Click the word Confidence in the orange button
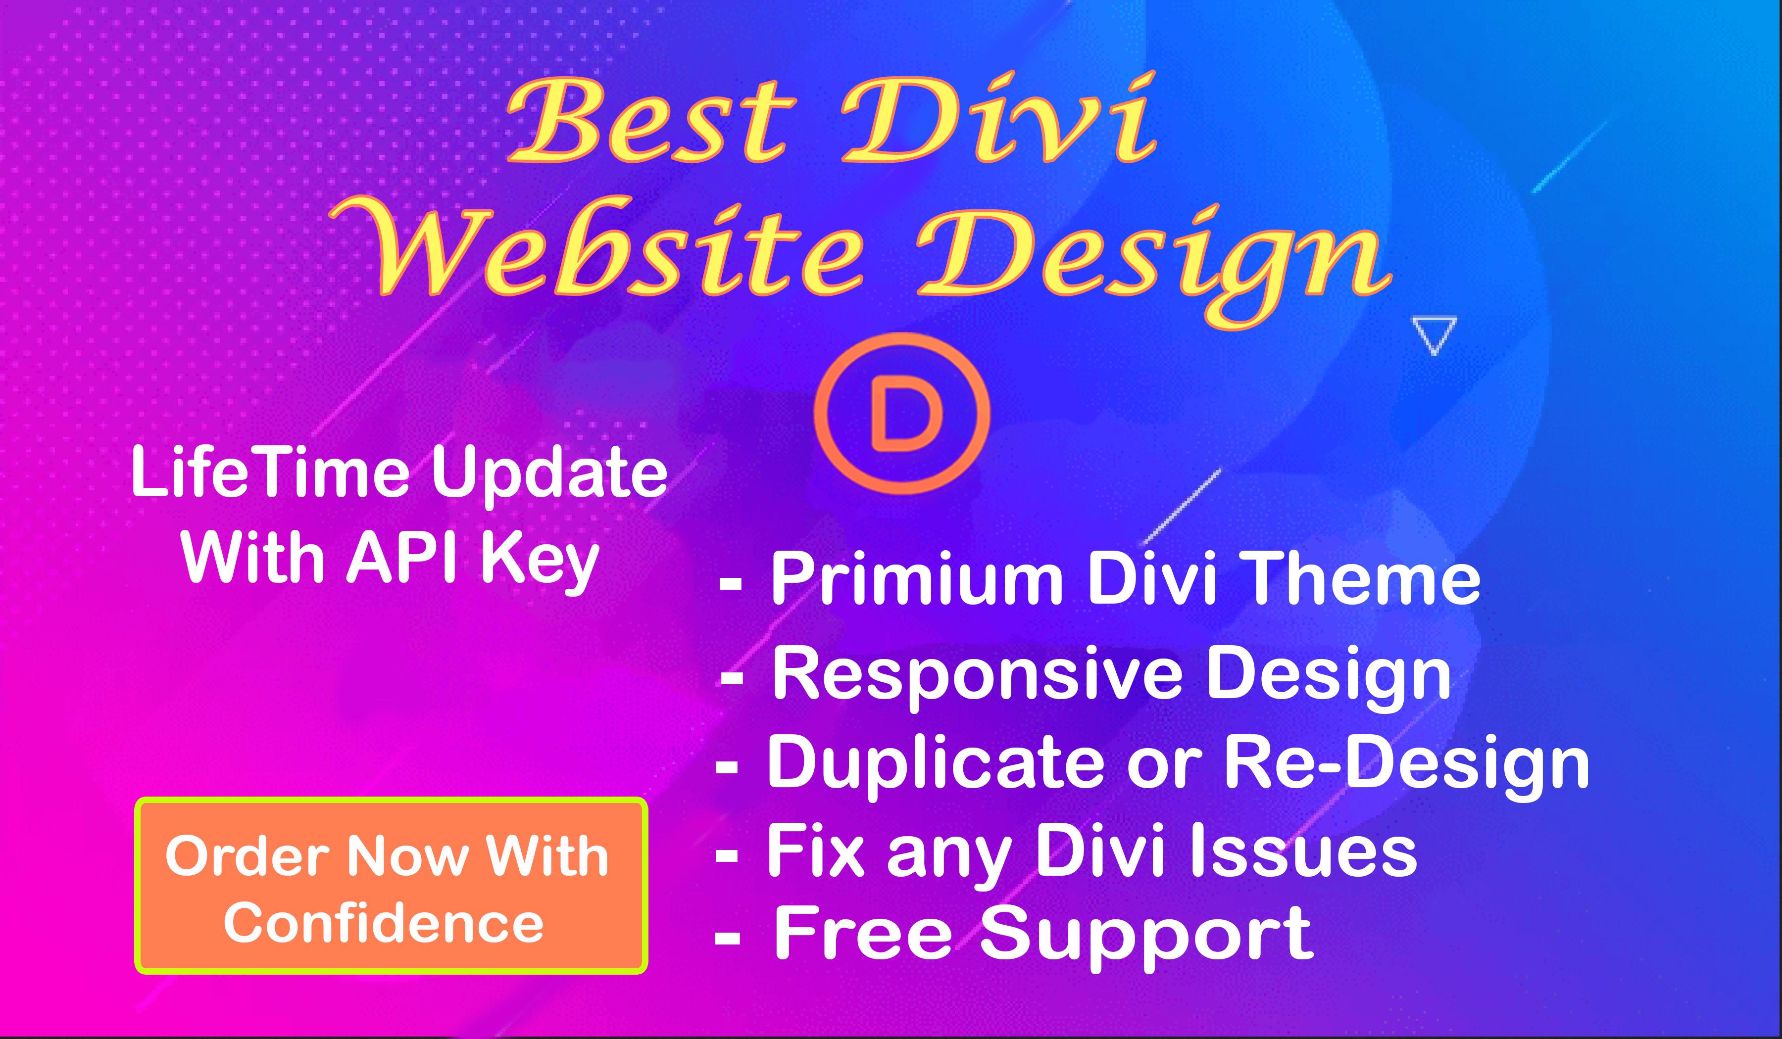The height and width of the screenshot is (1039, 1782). click(384, 923)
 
